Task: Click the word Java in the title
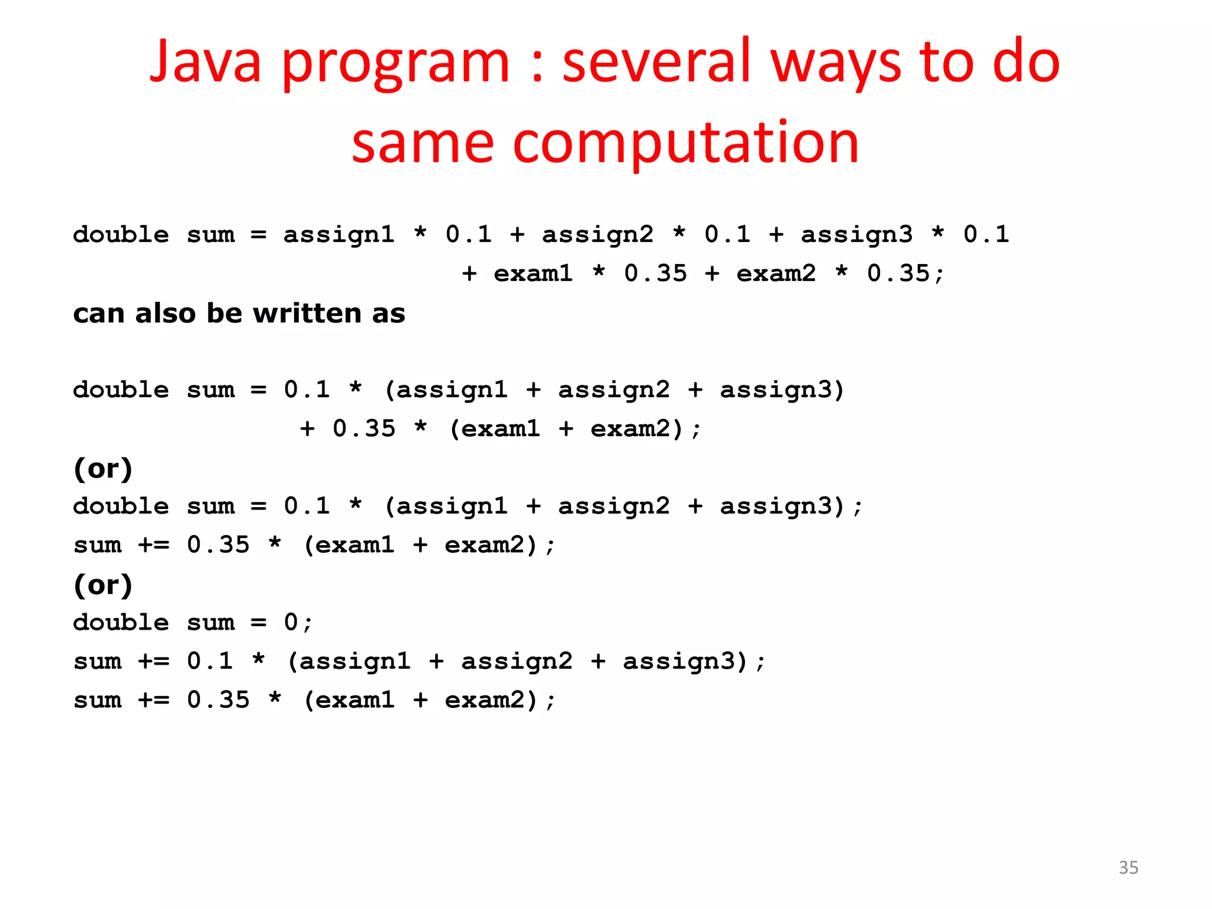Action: point(205,62)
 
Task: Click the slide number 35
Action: point(1128,868)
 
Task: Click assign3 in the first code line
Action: point(856,235)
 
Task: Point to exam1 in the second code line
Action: point(533,274)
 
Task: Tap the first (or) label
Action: point(103,469)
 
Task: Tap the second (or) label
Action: point(103,585)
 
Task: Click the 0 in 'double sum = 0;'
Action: point(291,623)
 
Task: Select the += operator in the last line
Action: point(154,700)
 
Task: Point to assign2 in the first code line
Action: point(598,235)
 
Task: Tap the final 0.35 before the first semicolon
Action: point(898,274)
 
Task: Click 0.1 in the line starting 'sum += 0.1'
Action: point(210,661)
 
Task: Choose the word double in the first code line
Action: point(121,235)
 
